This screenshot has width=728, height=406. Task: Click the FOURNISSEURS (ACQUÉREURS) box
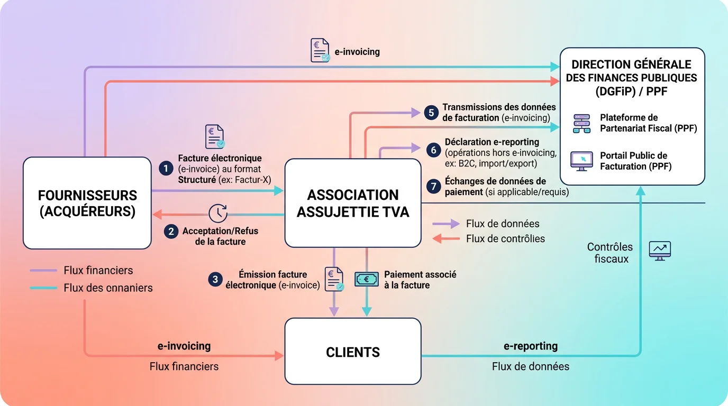[x=87, y=203]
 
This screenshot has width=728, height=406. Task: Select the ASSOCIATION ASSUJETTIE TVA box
[x=353, y=203]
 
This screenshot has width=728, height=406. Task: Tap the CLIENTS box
[x=353, y=352]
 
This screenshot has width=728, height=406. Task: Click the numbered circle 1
[x=166, y=169]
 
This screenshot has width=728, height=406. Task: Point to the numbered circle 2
[x=170, y=231]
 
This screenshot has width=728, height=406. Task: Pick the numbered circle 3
[x=215, y=280]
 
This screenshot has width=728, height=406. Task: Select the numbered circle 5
[x=431, y=113]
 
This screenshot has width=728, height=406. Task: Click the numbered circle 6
[x=434, y=150]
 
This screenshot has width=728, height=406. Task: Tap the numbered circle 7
[x=434, y=186]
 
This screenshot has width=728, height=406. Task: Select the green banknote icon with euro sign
[x=366, y=280]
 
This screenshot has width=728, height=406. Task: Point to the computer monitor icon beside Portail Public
[x=581, y=161]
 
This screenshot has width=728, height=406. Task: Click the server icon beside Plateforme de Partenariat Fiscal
[x=581, y=123]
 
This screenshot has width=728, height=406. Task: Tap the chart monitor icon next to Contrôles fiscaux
[x=660, y=251]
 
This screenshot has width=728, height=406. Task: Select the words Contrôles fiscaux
[x=610, y=253]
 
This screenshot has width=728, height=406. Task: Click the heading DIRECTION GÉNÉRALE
[x=631, y=64]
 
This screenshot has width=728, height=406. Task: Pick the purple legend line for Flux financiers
[x=43, y=270]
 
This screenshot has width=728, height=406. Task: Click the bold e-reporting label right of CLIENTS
[x=530, y=346]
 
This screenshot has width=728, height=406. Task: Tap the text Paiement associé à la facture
[x=420, y=280]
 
